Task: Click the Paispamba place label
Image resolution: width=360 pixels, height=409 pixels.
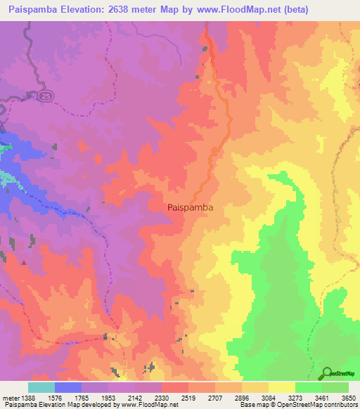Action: [191, 208]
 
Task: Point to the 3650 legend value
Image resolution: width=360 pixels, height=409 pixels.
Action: [349, 398]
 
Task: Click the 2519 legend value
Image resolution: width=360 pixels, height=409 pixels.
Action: [188, 398]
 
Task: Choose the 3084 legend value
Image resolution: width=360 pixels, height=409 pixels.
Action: [269, 398]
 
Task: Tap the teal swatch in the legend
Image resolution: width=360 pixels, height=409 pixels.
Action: [41, 387]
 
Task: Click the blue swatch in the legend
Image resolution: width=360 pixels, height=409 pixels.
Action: [67, 387]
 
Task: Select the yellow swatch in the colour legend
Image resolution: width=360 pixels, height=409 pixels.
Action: [281, 387]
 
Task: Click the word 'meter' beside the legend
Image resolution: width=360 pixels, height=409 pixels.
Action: [10, 398]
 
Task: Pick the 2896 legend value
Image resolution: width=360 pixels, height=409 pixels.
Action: [242, 398]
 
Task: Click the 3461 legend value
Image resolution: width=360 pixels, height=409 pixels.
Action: [322, 398]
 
